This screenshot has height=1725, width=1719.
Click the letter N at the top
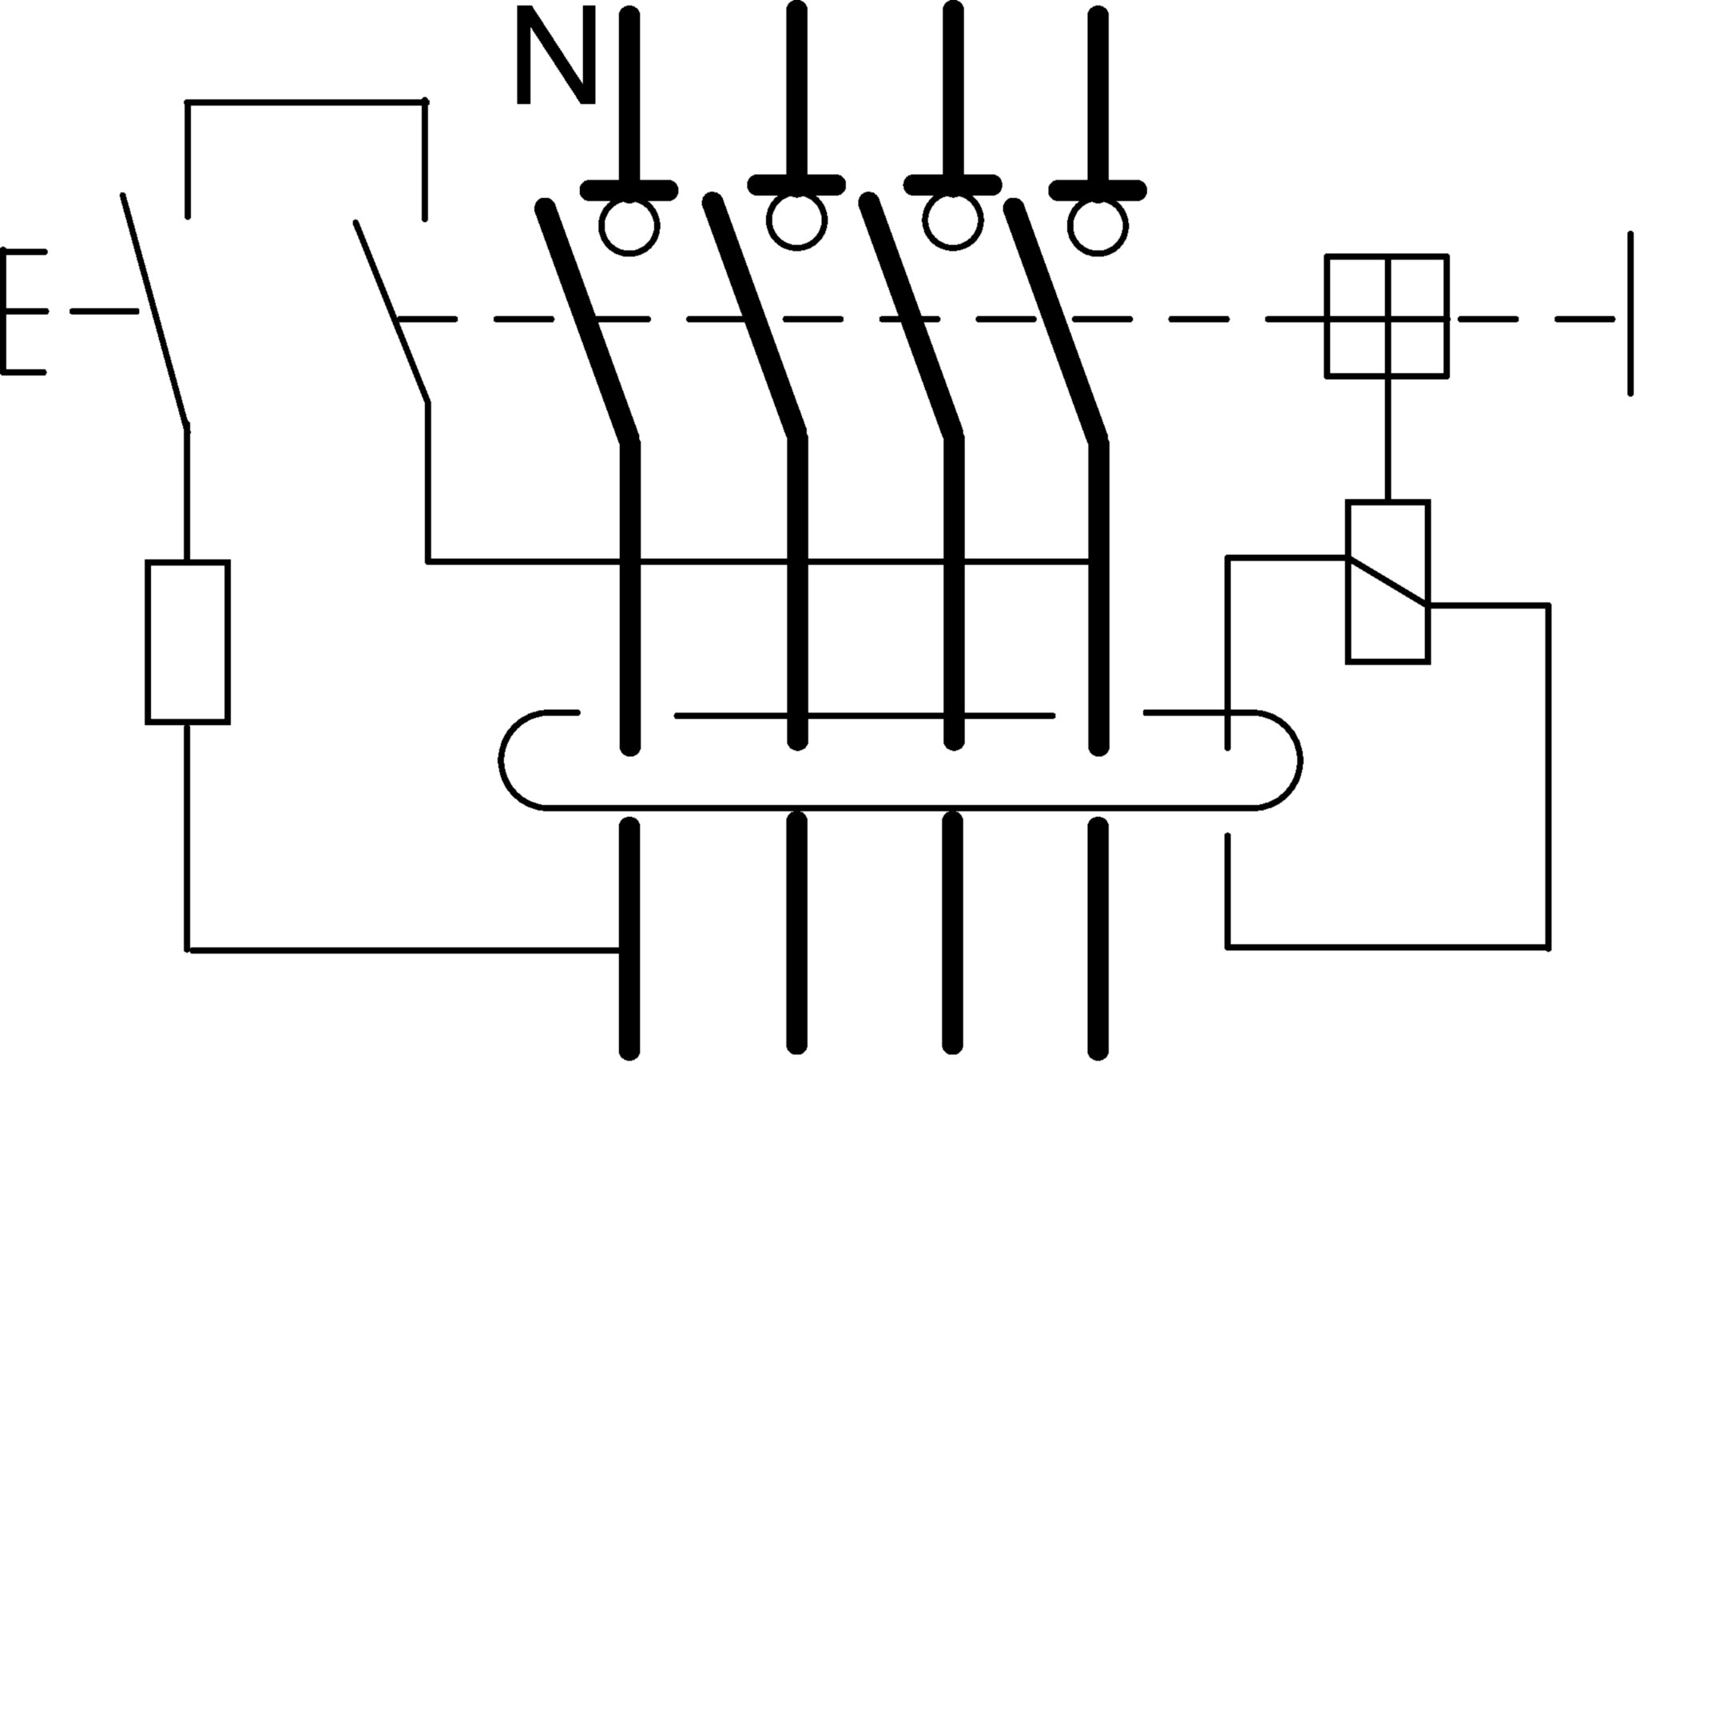(555, 55)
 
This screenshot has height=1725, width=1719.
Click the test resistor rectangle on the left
(188, 642)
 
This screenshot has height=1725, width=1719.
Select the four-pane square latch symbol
(1387, 316)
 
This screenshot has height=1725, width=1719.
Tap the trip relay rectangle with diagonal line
(1388, 582)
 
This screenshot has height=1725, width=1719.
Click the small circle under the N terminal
(629, 227)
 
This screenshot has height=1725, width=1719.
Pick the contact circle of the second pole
(796, 220)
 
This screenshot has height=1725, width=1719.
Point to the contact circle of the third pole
(953, 220)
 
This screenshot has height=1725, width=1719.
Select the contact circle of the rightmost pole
(1098, 227)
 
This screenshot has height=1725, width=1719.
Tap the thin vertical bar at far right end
(1630, 313)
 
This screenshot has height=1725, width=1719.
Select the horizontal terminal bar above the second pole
(796, 184)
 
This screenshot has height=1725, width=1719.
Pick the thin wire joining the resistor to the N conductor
(402, 950)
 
